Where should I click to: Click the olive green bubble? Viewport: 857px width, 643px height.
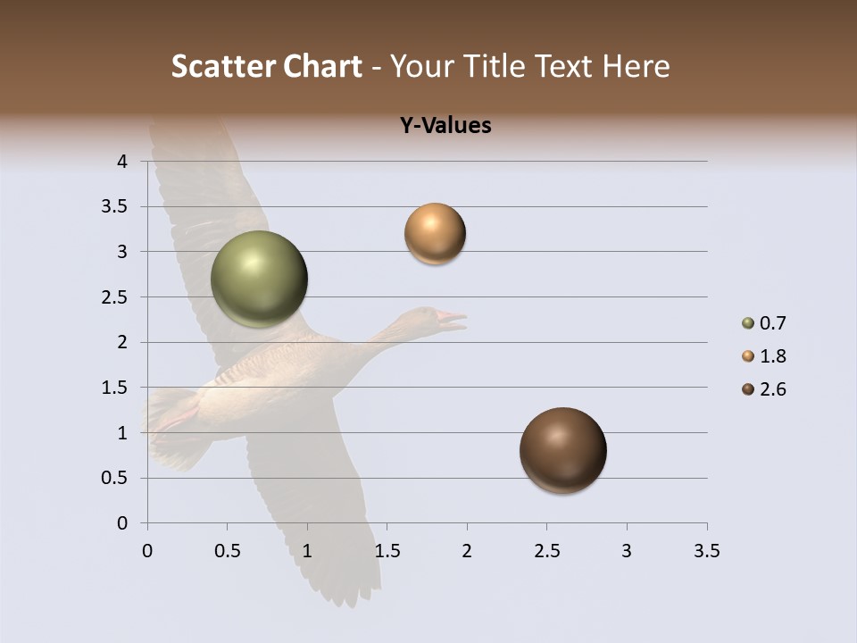[260, 280]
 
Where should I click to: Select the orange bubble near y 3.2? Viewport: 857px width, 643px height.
[435, 234]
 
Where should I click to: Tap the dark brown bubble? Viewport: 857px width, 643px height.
[563, 450]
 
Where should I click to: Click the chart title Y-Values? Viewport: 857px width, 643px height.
[445, 126]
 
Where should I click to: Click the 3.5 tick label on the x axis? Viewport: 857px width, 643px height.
[706, 551]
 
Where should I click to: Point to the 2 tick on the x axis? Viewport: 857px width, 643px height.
[467, 551]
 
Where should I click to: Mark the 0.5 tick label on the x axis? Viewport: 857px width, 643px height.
[227, 551]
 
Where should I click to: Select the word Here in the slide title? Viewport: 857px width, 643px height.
[636, 66]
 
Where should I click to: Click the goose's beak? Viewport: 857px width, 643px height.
[452, 318]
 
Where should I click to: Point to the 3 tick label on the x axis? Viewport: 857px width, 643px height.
[627, 551]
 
